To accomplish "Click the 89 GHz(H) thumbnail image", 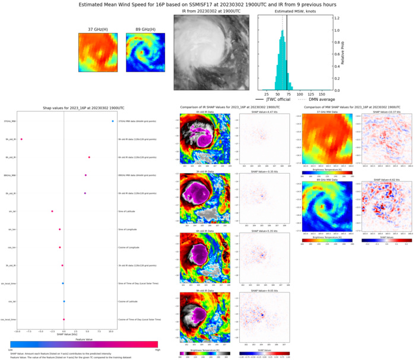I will tap(141, 53).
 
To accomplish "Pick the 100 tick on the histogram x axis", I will tap(300, 94).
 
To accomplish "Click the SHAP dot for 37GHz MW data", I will tap(112, 121).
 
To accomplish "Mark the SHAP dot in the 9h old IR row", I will tap(21, 139).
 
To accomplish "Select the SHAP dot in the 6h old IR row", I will tap(89, 157).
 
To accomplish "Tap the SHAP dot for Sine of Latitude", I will tap(52, 211).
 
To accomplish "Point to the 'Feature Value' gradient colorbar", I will tap(83, 344).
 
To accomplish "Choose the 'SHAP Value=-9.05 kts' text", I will tap(261, 291).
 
